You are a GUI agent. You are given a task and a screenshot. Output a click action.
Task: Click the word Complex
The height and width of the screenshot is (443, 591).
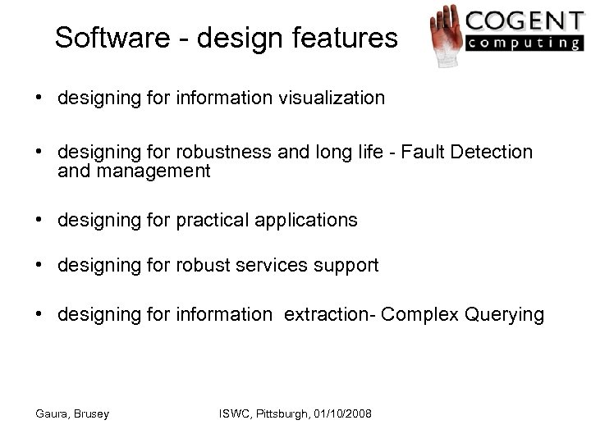coord(415,313)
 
